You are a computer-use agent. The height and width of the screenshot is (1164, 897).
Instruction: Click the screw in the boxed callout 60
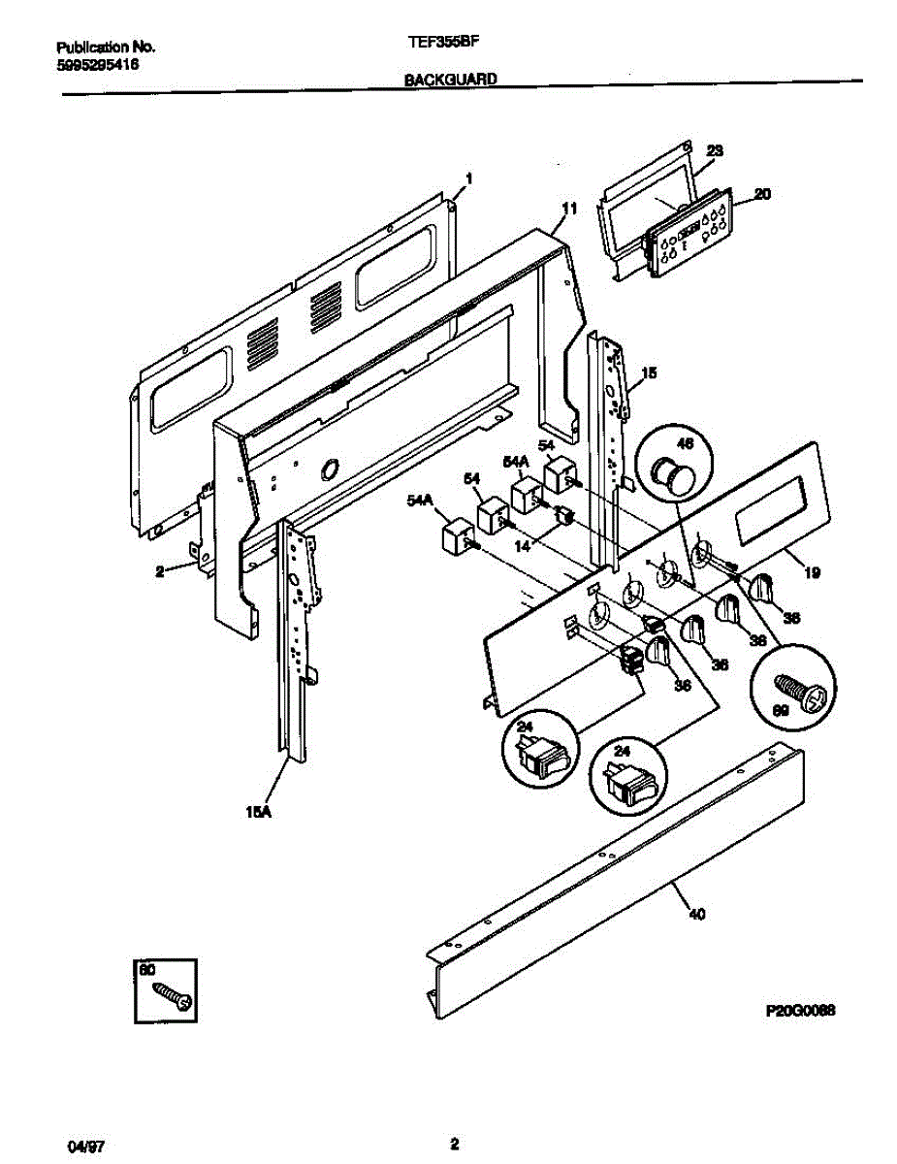(174, 994)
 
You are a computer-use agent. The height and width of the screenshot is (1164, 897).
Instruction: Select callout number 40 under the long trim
(695, 913)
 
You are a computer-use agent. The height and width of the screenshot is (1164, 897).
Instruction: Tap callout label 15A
(256, 815)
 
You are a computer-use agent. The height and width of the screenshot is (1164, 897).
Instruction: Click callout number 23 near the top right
(715, 151)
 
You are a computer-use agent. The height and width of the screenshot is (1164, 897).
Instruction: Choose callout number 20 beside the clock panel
(762, 195)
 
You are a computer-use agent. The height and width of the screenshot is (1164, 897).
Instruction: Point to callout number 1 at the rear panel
(468, 178)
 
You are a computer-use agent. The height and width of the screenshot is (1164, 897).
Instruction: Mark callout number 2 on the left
(160, 572)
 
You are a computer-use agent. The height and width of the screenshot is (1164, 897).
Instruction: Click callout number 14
(522, 546)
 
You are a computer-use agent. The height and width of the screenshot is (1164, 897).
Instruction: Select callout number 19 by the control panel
(812, 573)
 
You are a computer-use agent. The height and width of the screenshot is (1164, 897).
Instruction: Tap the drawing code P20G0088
(800, 1011)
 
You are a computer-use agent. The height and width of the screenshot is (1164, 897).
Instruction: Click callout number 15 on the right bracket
(649, 372)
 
